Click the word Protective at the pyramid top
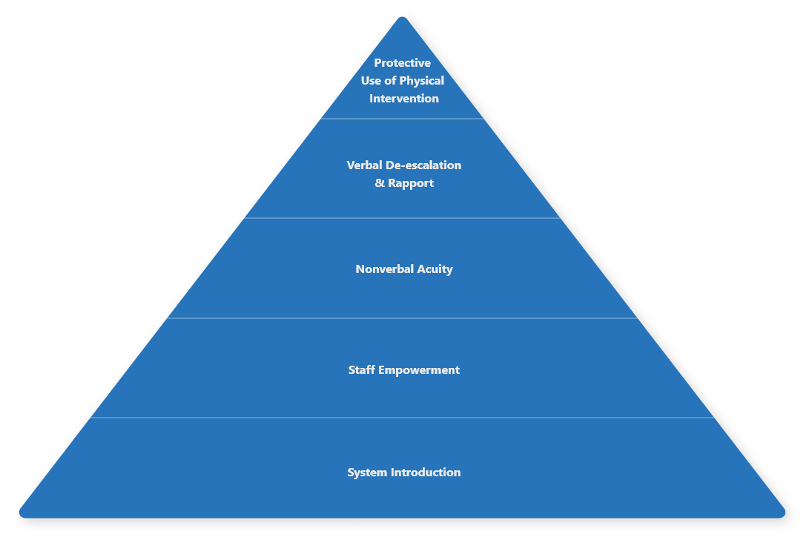point(403,63)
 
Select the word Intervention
point(404,99)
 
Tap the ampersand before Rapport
point(380,183)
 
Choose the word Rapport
point(411,183)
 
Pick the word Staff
point(362,370)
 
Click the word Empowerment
point(419,370)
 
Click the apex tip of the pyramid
point(402,19)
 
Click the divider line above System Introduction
point(402,418)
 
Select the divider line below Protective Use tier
point(402,119)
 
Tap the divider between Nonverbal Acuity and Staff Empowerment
point(402,318)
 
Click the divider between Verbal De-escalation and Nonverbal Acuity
point(402,218)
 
